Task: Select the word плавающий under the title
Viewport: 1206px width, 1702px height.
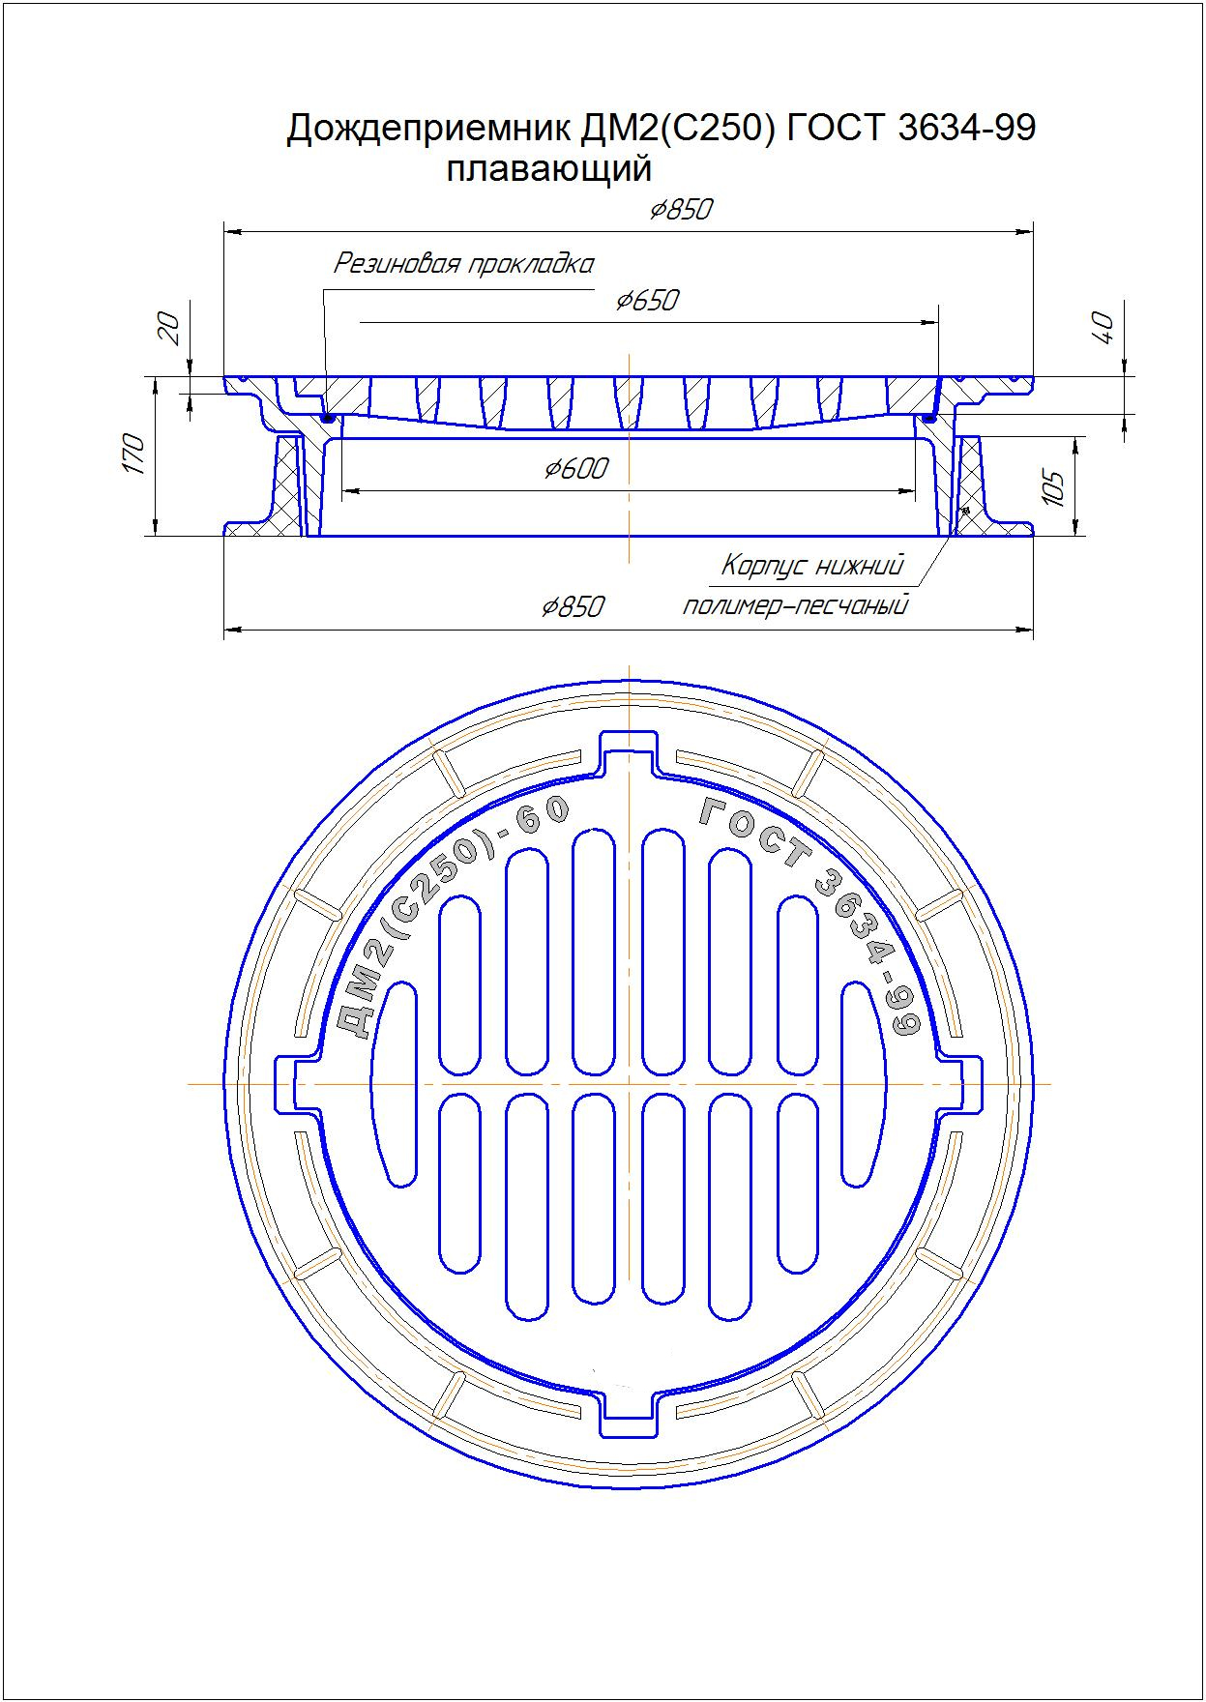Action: tap(548, 170)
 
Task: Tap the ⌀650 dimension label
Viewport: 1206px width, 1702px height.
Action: tap(647, 301)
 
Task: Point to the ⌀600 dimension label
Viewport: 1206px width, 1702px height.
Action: tap(576, 469)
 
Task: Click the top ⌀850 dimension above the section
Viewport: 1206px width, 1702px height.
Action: tap(681, 210)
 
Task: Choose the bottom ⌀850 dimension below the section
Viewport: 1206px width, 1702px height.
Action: tap(573, 606)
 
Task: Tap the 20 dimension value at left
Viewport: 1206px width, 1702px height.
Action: tap(168, 329)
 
